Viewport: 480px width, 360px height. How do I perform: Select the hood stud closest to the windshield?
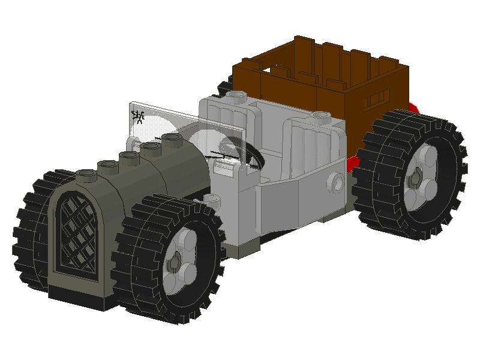[173, 139]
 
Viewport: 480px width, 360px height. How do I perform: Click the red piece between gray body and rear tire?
[354, 161]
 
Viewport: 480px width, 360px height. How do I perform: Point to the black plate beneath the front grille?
[78, 297]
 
